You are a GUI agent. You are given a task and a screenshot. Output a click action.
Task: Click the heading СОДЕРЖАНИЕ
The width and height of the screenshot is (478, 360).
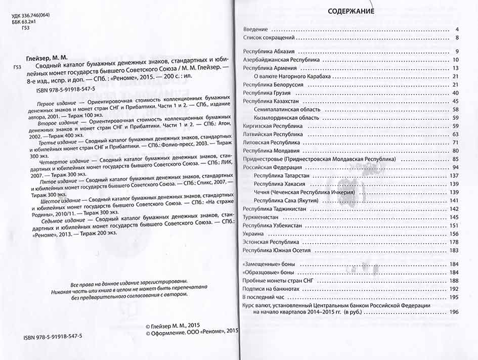coord(351,11)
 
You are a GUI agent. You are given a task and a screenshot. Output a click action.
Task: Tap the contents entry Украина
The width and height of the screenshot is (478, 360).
coord(253,234)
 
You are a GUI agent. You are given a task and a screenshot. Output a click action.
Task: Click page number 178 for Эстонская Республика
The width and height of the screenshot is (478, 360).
coord(453,242)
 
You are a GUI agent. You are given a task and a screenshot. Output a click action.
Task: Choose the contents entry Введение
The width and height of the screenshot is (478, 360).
coord(256,29)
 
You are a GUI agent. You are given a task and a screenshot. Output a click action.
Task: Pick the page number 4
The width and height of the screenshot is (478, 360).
coord(456,29)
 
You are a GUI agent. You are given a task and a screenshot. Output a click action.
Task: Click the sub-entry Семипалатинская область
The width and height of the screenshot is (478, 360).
coord(287,109)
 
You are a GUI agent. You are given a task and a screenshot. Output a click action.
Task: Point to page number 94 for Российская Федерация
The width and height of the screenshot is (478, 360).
coord(455,167)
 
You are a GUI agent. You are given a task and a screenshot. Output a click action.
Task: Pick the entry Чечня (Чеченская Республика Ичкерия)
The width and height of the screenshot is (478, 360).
coord(308,192)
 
